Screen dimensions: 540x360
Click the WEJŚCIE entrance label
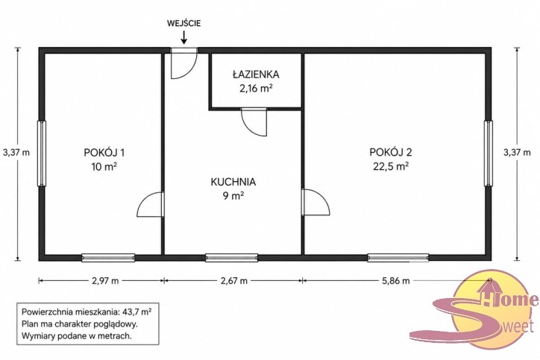point(184,23)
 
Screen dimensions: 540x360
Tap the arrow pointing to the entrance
point(184,37)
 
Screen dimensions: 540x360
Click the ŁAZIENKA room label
point(256,75)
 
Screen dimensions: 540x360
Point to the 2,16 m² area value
point(257,89)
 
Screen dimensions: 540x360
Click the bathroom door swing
point(254,121)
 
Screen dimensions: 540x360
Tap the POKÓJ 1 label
point(104,152)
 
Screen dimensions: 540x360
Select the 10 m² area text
point(104,167)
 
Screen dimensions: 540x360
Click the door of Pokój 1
point(150,204)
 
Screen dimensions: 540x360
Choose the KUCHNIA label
point(233,182)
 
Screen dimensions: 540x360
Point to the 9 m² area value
point(233,196)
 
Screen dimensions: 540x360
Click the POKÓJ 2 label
point(391,152)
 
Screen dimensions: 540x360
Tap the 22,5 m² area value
point(391,166)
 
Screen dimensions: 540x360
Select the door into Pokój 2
point(315,203)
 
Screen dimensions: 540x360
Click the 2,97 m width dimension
point(105,281)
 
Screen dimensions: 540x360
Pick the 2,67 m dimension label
point(234,281)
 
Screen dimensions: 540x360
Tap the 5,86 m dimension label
point(396,281)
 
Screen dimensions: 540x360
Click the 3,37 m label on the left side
point(16,153)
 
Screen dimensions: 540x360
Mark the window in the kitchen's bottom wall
point(232,257)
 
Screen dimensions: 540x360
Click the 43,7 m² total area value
point(136,312)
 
